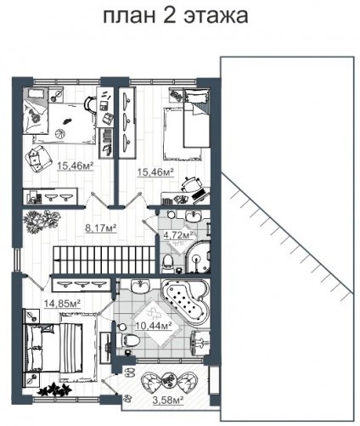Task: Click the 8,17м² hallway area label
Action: (101, 227)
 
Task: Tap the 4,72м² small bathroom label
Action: (178, 235)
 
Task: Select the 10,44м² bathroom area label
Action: (154, 326)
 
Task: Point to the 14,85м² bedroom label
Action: (62, 304)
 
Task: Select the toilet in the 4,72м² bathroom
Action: (168, 262)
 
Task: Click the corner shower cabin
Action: (197, 257)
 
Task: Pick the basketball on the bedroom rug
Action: (59, 133)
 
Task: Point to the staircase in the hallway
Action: (105, 260)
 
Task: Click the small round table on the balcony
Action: (168, 380)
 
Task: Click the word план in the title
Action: (129, 15)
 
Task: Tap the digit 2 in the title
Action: (170, 14)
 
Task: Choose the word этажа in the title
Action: (216, 16)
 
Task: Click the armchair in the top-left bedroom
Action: (38, 159)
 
